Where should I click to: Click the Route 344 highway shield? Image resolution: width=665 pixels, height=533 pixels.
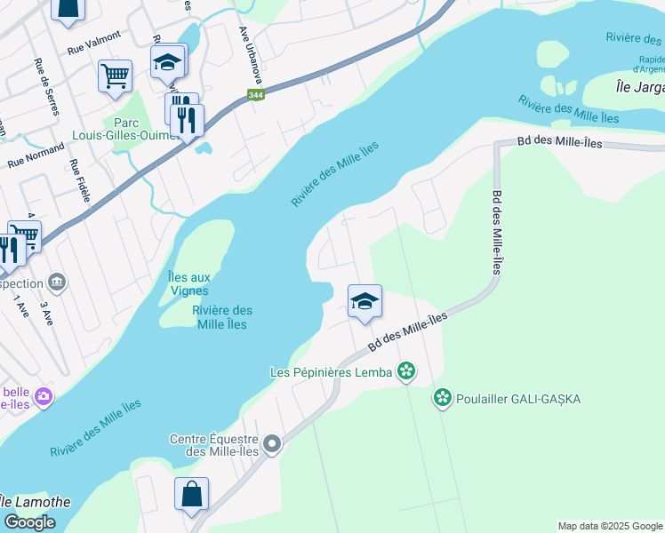256,95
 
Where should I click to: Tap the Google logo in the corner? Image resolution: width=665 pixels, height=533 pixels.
29,522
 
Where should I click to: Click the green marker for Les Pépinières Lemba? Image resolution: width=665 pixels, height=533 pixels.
406,371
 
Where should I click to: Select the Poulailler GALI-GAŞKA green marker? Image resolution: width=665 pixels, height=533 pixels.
442,398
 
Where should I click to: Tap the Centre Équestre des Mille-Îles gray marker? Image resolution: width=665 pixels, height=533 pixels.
272,443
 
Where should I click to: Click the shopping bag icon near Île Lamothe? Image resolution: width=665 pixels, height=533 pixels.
192,494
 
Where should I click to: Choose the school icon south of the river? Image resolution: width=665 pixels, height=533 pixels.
365,302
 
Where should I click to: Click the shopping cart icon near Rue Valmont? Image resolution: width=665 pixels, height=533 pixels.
116,76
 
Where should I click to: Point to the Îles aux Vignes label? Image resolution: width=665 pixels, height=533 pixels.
188,283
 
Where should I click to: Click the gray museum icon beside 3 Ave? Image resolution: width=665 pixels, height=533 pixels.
59,282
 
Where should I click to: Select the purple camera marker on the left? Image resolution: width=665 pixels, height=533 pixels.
42,395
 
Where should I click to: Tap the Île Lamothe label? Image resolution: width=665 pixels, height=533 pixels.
34,502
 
